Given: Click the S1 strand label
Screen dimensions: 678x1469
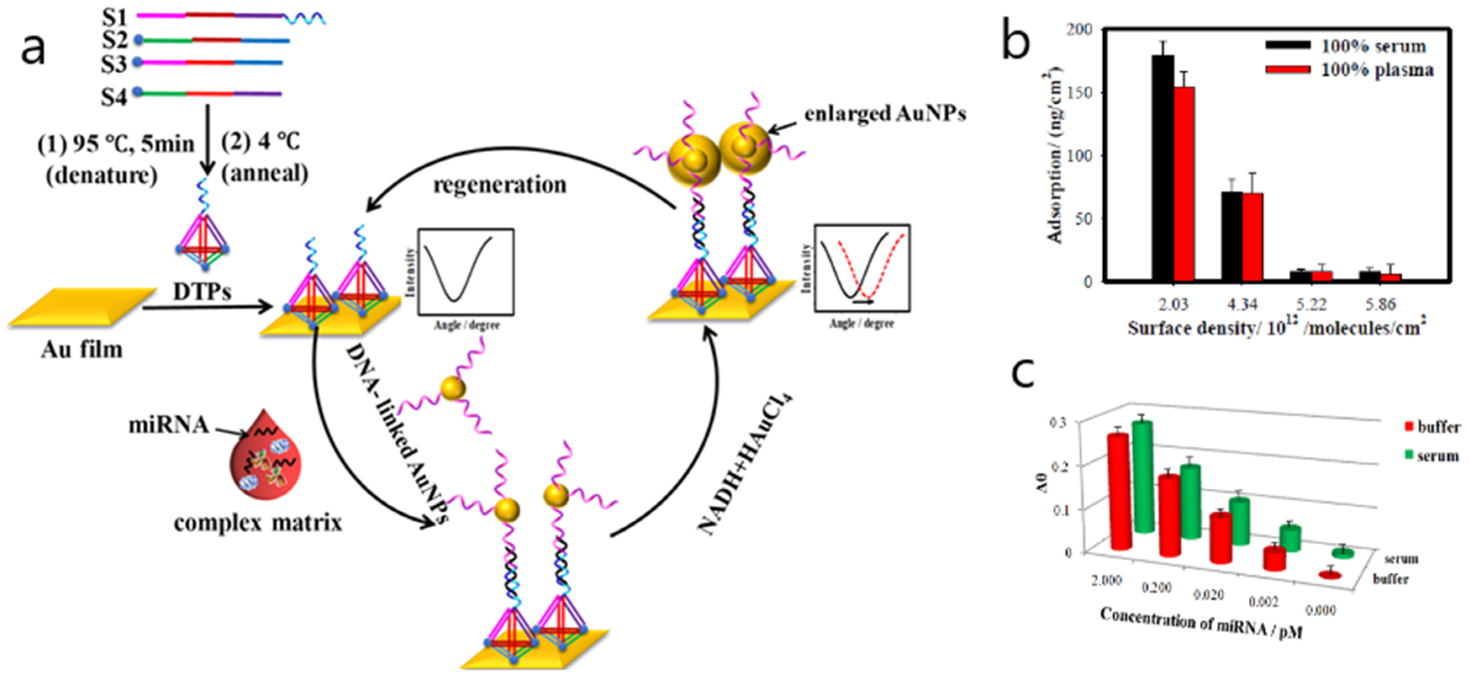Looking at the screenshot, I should pyautogui.click(x=114, y=17).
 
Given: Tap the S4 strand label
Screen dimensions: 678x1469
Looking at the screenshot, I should pyautogui.click(x=114, y=97).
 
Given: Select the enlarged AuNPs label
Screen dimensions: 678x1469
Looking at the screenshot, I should pyautogui.click(x=885, y=114).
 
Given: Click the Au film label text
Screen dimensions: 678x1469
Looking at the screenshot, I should pyautogui.click(x=82, y=349).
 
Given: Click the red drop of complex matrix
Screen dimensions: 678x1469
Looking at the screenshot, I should pyautogui.click(x=265, y=457).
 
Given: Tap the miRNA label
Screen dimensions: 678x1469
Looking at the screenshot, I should pyautogui.click(x=168, y=425).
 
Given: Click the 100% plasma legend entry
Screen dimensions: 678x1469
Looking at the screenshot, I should pyautogui.click(x=1377, y=70).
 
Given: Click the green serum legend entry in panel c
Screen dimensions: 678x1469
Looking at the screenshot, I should pyautogui.click(x=1431, y=456).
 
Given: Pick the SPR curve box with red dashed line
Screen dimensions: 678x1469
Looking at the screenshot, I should pyautogui.click(x=861, y=268).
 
